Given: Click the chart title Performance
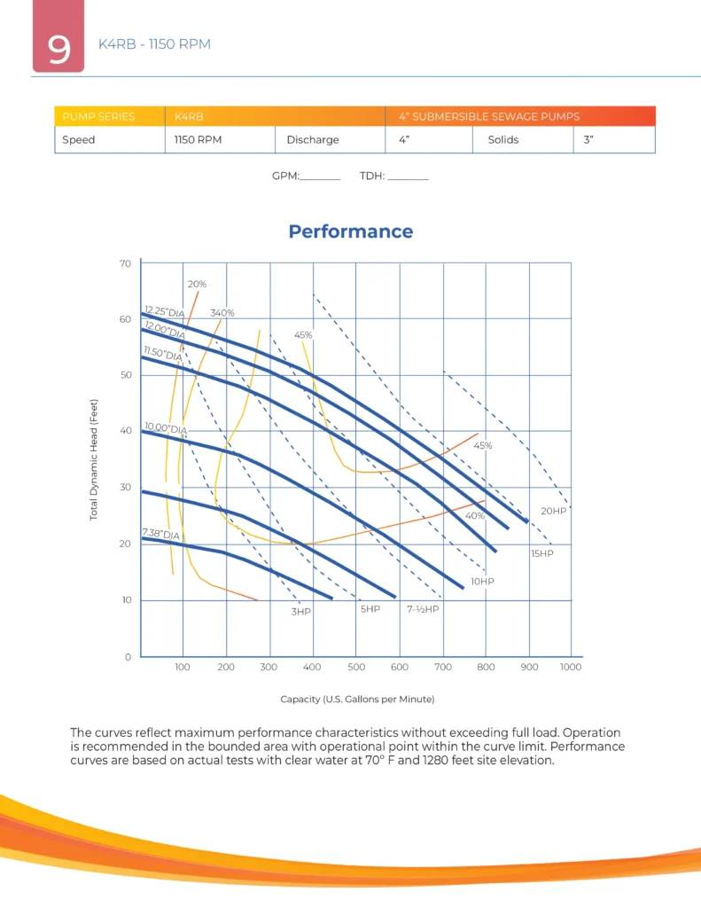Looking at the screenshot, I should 350,231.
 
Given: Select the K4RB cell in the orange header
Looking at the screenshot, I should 191,116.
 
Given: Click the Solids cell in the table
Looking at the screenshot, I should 503,140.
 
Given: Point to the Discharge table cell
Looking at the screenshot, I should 312,140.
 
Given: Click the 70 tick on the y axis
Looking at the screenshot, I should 125,263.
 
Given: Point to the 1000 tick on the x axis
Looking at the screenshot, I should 571,668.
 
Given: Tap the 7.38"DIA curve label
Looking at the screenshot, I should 160,535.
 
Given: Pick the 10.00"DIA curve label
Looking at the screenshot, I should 165,429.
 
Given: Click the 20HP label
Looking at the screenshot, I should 553,512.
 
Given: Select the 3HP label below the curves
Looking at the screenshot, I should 301,612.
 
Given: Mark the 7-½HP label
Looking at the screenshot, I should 423,610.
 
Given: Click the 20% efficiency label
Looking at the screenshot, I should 197,285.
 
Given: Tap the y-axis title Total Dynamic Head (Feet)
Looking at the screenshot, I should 93,458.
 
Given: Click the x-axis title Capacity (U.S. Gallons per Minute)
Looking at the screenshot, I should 357,700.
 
